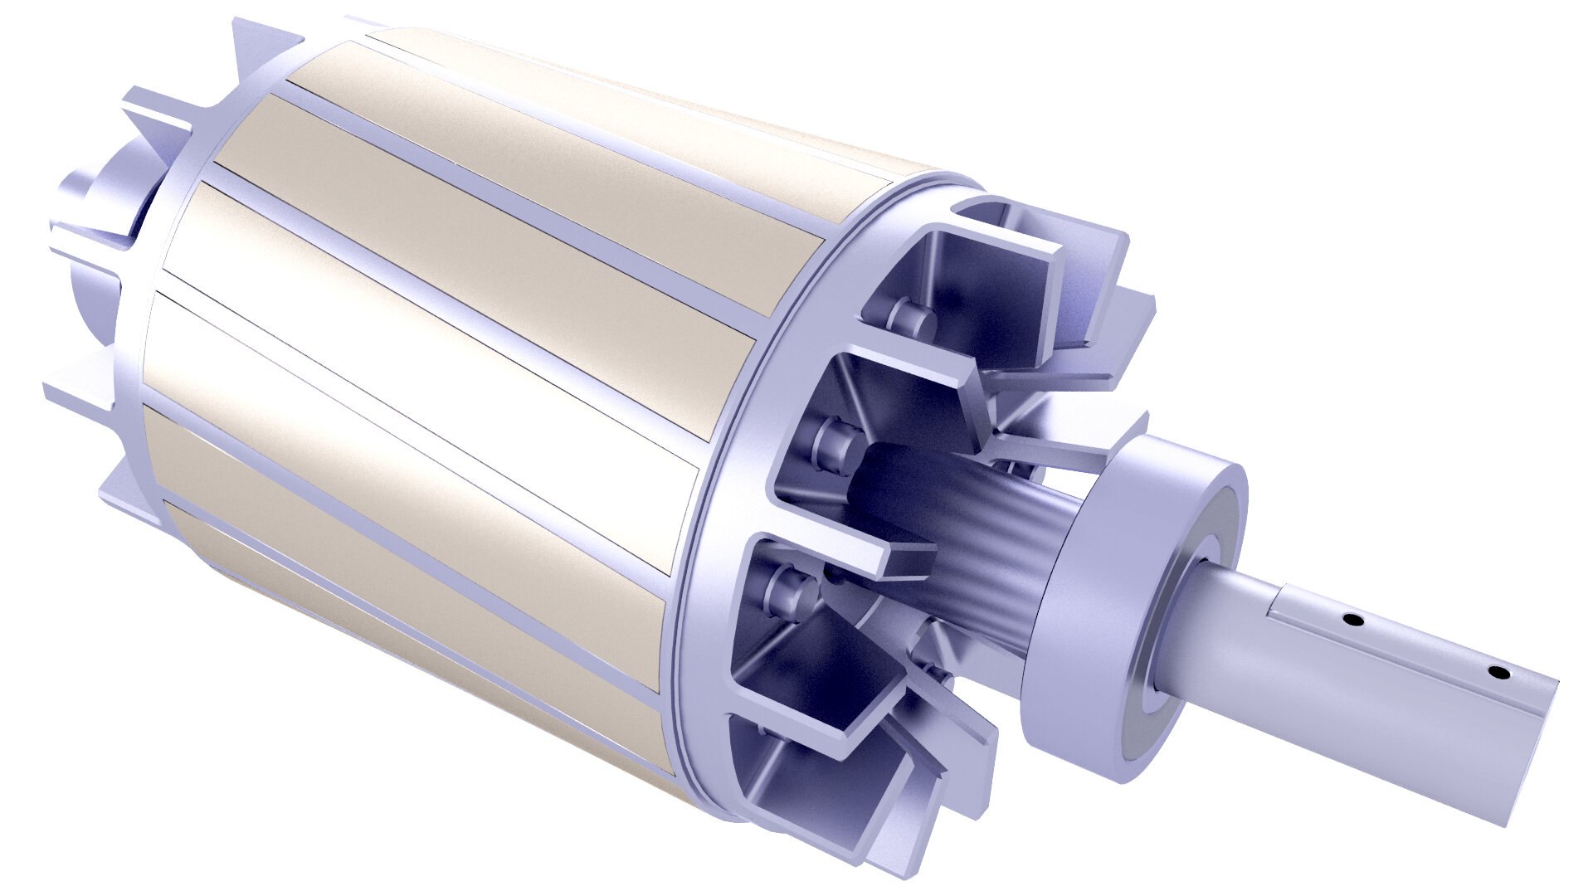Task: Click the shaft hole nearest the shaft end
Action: (1496, 672)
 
